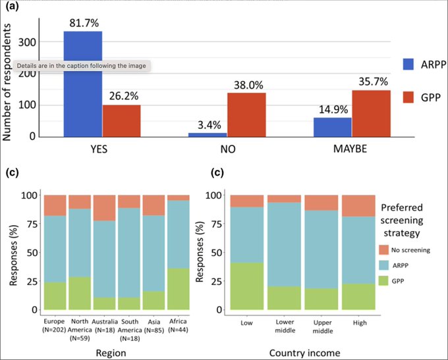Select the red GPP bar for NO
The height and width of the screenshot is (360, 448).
click(x=247, y=115)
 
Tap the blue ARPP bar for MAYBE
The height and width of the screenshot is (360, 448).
click(x=332, y=127)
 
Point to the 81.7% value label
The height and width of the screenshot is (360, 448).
click(x=83, y=23)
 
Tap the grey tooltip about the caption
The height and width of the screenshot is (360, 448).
click(x=82, y=66)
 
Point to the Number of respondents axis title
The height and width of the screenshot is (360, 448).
click(x=9, y=78)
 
